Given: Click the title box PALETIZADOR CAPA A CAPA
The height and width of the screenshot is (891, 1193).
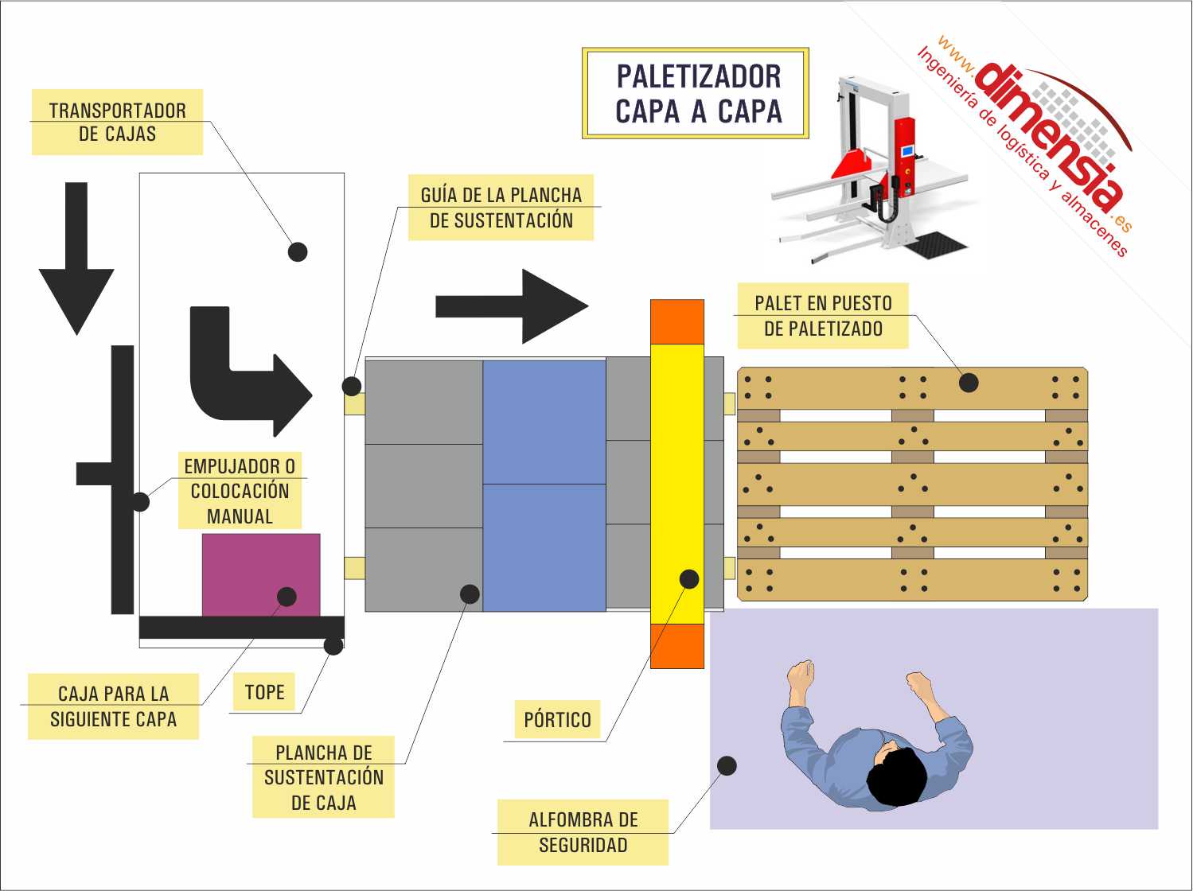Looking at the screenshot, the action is pyautogui.click(x=696, y=93).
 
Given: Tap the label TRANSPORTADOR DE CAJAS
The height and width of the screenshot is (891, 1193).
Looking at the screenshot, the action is pyautogui.click(x=118, y=123).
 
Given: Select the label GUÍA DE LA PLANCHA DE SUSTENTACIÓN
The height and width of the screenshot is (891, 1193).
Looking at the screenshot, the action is pyautogui.click(x=501, y=208).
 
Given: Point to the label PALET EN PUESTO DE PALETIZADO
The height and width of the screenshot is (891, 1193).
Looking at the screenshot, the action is pyautogui.click(x=823, y=316).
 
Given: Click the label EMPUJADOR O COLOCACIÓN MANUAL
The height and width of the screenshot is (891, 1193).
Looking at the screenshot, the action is pyautogui.click(x=240, y=491).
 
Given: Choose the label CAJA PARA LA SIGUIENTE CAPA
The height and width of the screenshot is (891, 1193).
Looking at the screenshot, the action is pyautogui.click(x=114, y=706).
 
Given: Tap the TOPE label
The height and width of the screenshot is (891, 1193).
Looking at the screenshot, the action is pyautogui.click(x=264, y=692).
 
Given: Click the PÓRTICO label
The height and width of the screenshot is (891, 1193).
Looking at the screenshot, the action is pyautogui.click(x=557, y=719).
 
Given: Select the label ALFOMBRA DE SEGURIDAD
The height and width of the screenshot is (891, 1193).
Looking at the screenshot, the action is pyautogui.click(x=583, y=832).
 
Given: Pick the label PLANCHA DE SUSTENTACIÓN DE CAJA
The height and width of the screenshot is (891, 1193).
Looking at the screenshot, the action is pyautogui.click(x=323, y=777).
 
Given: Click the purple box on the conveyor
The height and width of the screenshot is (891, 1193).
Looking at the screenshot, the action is pyautogui.click(x=261, y=575).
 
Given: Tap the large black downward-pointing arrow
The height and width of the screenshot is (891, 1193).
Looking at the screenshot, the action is pyautogui.click(x=76, y=259).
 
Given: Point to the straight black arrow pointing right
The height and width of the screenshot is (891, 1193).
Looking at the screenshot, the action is pyautogui.click(x=512, y=306).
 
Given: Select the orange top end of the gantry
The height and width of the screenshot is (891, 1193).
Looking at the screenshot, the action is pyautogui.click(x=677, y=321).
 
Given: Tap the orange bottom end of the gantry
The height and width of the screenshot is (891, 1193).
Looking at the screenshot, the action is pyautogui.click(x=677, y=646).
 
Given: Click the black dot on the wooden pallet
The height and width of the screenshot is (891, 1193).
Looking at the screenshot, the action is pyautogui.click(x=969, y=383).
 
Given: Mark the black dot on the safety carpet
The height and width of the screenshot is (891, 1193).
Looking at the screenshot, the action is pyautogui.click(x=727, y=766).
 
